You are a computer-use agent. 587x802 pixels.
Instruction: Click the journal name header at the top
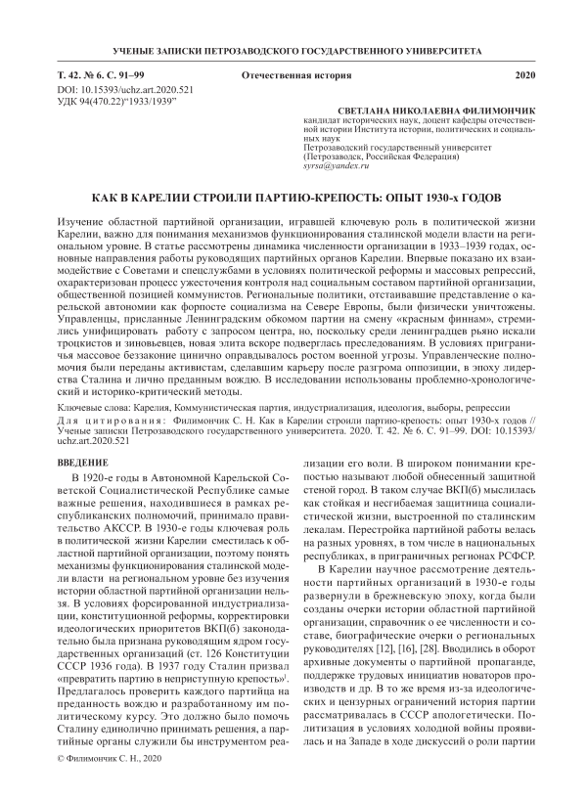pyautogui.click(x=293, y=48)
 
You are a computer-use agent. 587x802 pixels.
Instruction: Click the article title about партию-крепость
pyautogui.click(x=293, y=197)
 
